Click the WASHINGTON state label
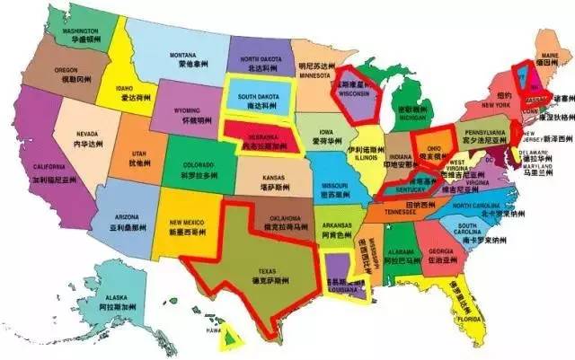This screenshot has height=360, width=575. (x=80, y=34)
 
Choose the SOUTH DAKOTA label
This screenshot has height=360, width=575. (x=256, y=100)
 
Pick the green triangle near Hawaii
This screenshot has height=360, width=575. (x=232, y=338)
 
